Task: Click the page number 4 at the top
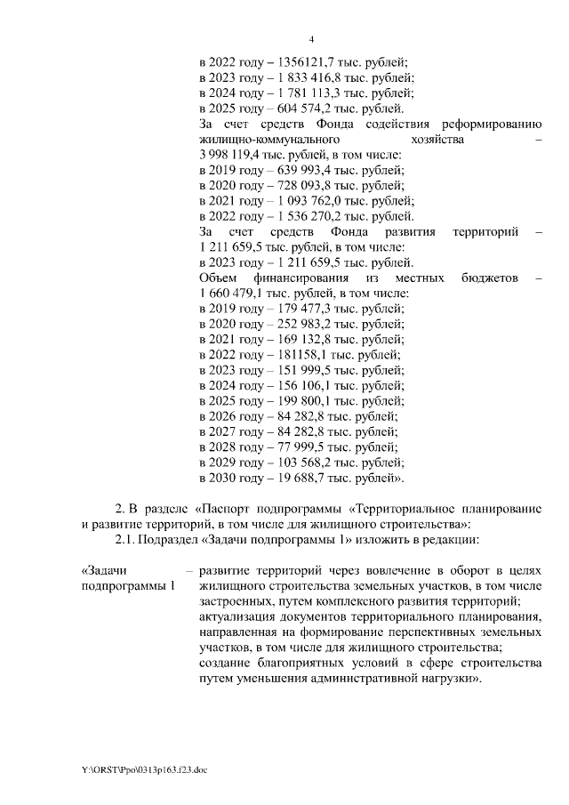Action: [312, 39]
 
